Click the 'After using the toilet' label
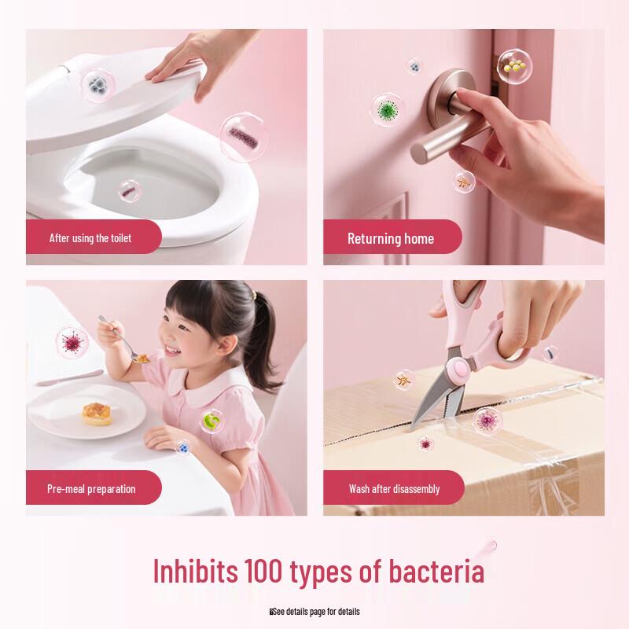tap(90, 237)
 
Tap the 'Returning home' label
tap(391, 238)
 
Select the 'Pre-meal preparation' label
tap(91, 489)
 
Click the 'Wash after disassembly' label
tap(394, 489)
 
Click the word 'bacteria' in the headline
tap(429, 572)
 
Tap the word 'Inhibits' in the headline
tap(194, 572)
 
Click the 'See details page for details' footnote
tap(314, 611)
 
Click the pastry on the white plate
tap(96, 412)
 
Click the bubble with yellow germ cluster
tap(515, 67)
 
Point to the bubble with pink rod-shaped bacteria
tap(242, 138)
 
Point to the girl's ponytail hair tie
tap(253, 295)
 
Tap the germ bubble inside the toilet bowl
tap(129, 189)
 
